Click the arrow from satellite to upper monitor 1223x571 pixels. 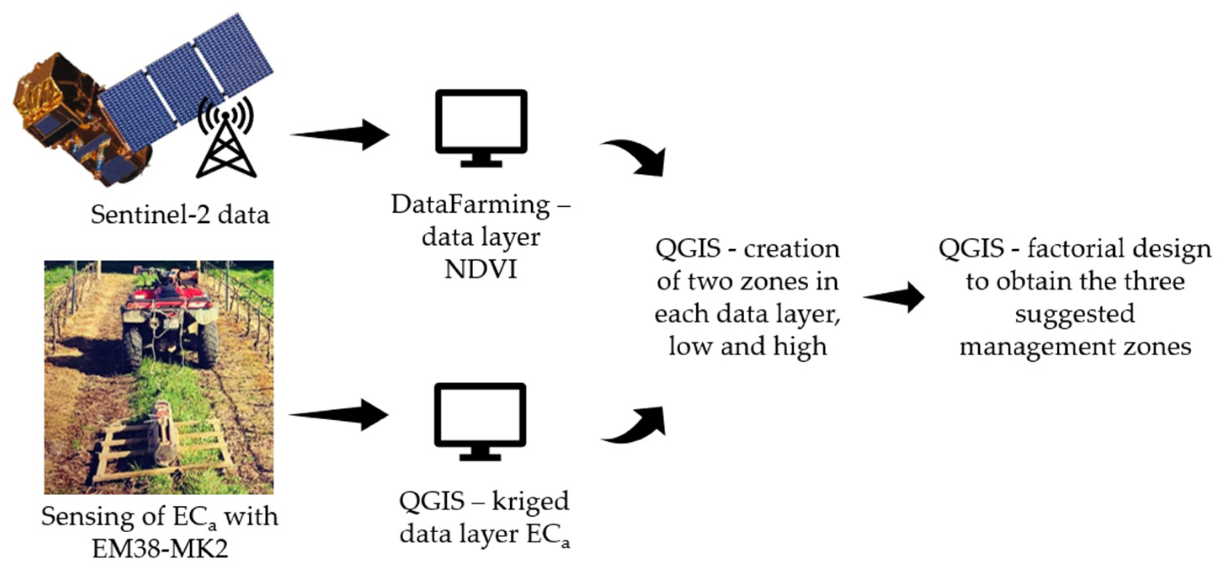click(x=341, y=134)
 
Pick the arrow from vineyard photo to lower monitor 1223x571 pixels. click(x=339, y=415)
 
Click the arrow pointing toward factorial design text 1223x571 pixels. click(x=894, y=297)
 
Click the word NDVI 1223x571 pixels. click(x=480, y=270)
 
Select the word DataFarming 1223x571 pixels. click(x=470, y=205)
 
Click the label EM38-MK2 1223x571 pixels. click(x=160, y=549)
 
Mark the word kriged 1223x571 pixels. click(x=529, y=501)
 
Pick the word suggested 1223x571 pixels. click(x=1075, y=314)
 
